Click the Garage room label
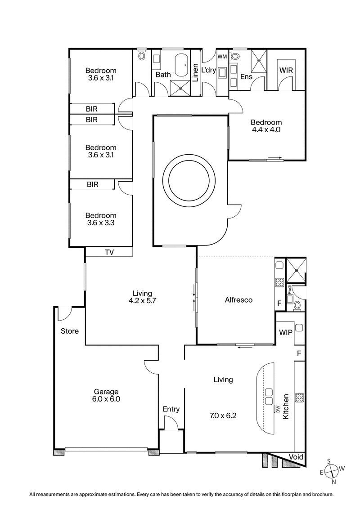click(107, 391)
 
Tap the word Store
click(70, 331)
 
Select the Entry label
click(171, 409)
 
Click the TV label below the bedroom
click(109, 252)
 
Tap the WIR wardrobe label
click(287, 71)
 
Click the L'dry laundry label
click(209, 71)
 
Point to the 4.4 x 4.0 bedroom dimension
click(266, 130)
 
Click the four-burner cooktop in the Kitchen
click(299, 397)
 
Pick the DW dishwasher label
click(278, 409)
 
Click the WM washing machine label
click(222, 57)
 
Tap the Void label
click(296, 457)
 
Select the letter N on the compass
click(333, 482)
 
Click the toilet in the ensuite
click(235, 57)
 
